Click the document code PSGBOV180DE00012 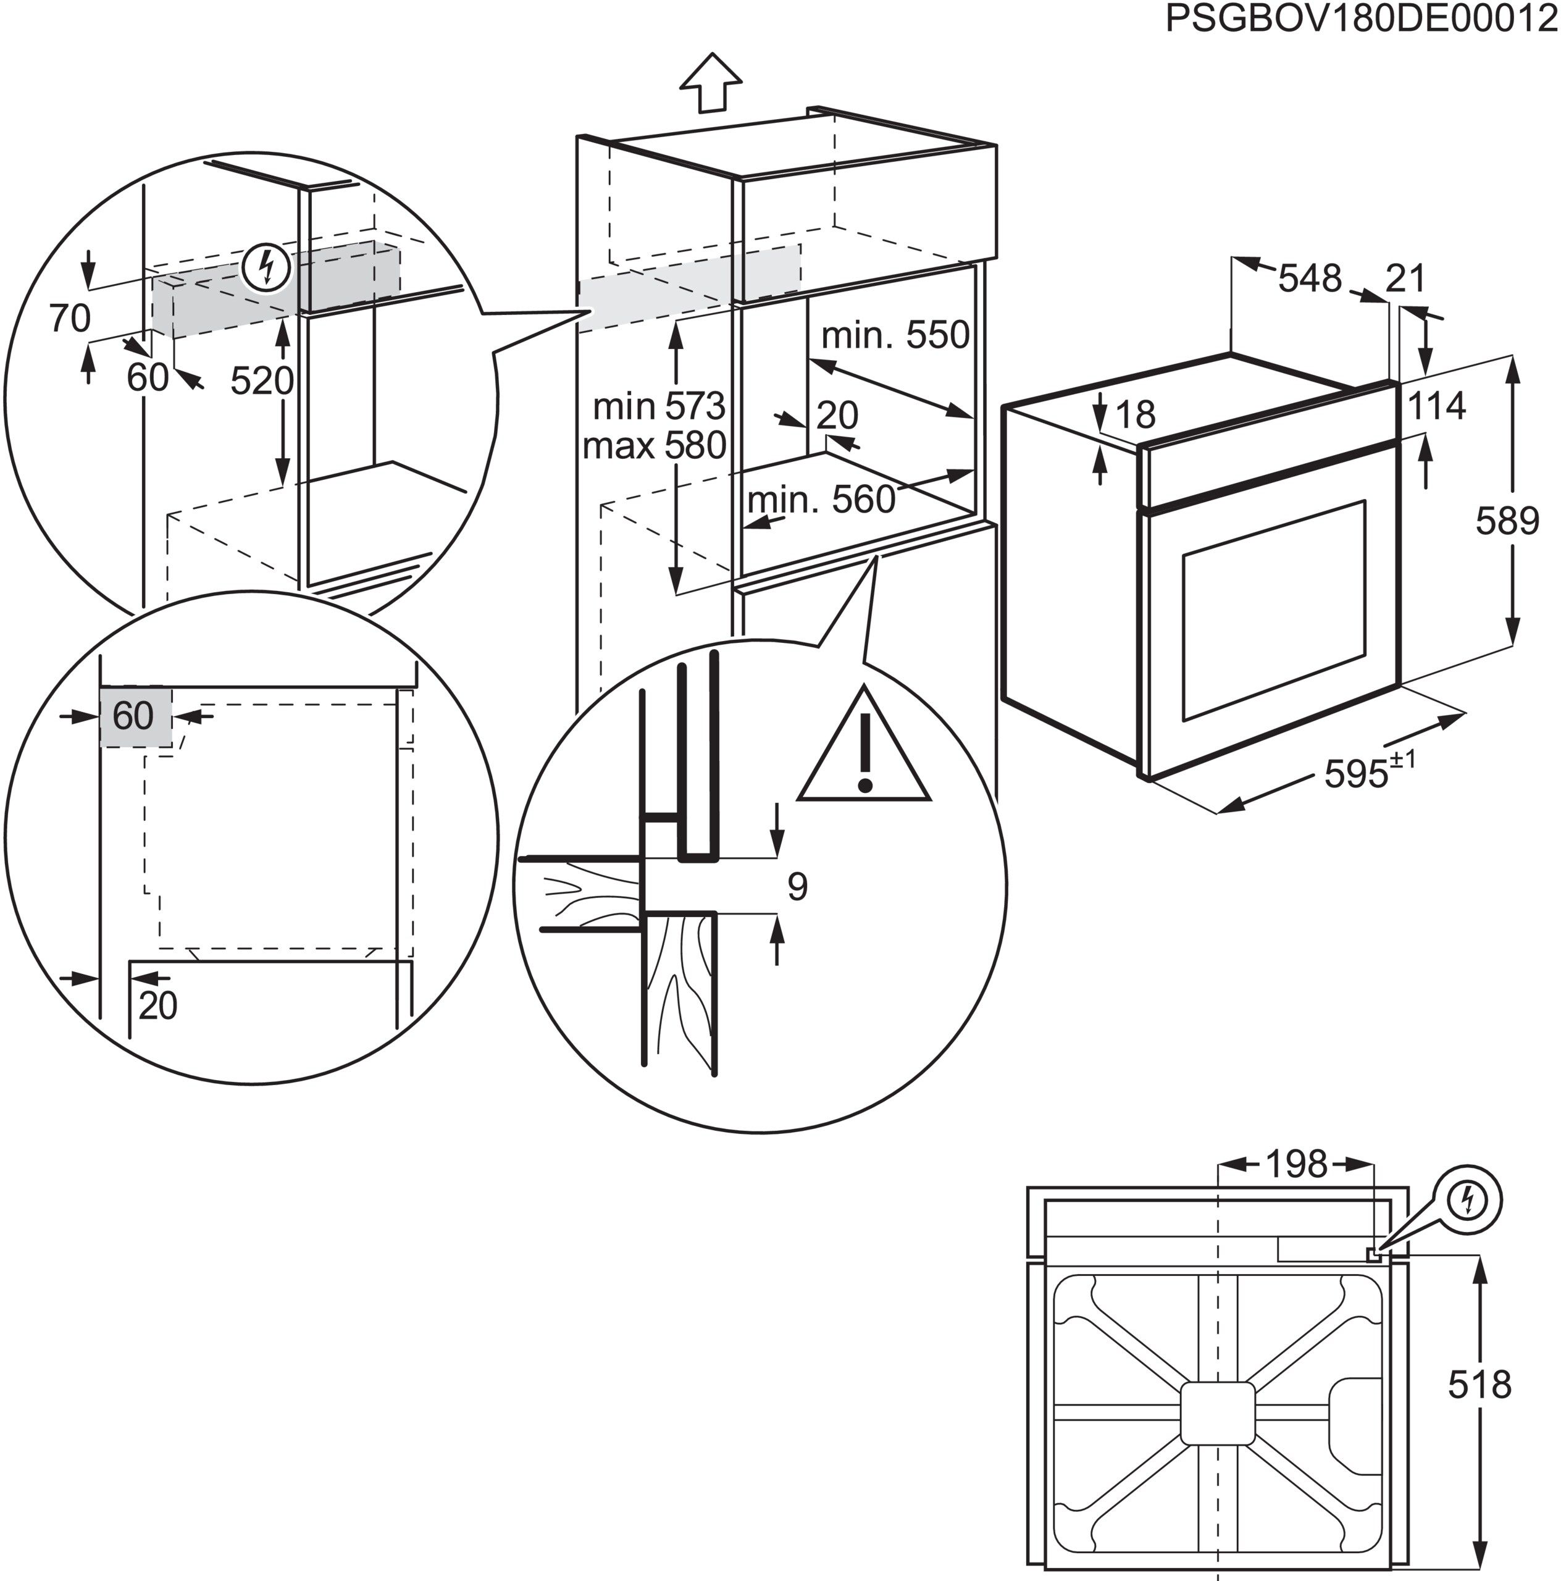click(x=1362, y=18)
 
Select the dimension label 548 click(x=1310, y=279)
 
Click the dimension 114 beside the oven click(x=1437, y=406)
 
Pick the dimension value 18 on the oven click(x=1135, y=415)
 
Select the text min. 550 click(x=895, y=335)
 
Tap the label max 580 click(x=655, y=446)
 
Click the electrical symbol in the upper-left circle click(x=266, y=267)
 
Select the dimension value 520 click(x=261, y=380)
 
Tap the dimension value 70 click(x=70, y=318)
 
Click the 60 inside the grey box click(x=133, y=716)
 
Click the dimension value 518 click(x=1479, y=1385)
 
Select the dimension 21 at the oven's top click(x=1405, y=279)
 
